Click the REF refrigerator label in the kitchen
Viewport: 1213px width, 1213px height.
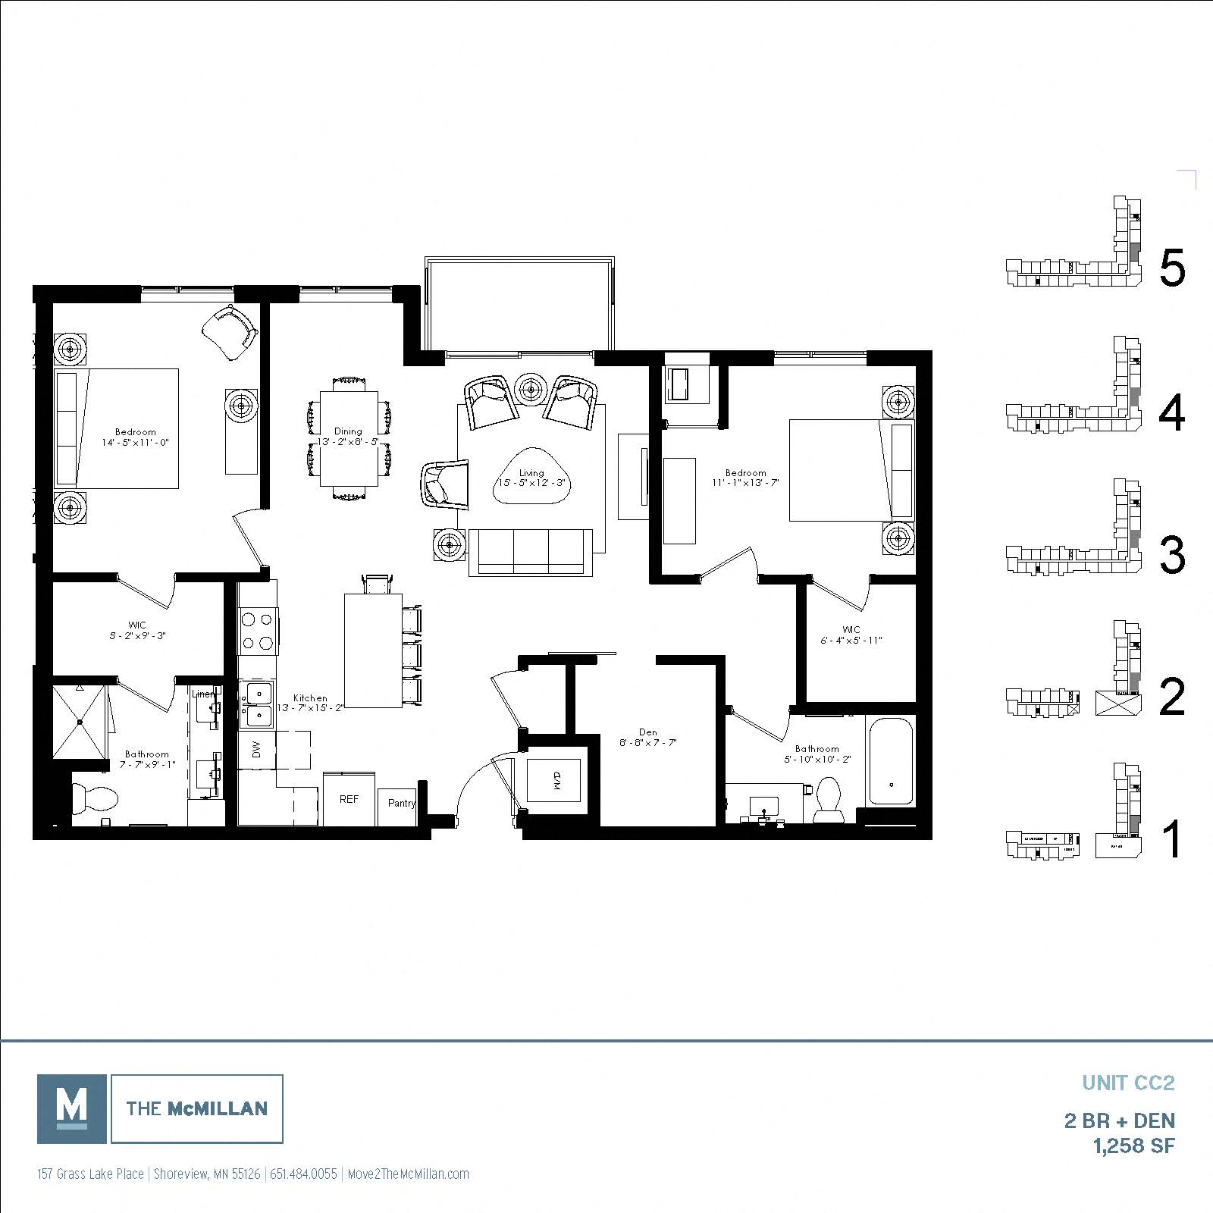click(349, 799)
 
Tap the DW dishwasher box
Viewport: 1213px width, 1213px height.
click(256, 750)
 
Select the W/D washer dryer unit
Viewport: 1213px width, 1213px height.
click(556, 781)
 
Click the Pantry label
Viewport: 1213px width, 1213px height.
click(401, 803)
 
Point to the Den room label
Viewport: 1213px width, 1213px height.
click(647, 732)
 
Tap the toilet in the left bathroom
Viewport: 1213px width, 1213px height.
click(96, 798)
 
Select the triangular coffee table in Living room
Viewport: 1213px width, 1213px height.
click(531, 478)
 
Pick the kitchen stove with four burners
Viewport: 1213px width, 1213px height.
click(257, 631)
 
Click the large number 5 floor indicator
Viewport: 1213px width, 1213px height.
click(1172, 268)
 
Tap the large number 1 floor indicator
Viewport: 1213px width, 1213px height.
click(1172, 840)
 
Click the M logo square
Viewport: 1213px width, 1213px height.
click(72, 1108)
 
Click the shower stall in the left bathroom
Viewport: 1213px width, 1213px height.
click(79, 722)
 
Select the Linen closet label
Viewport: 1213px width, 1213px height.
click(204, 694)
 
